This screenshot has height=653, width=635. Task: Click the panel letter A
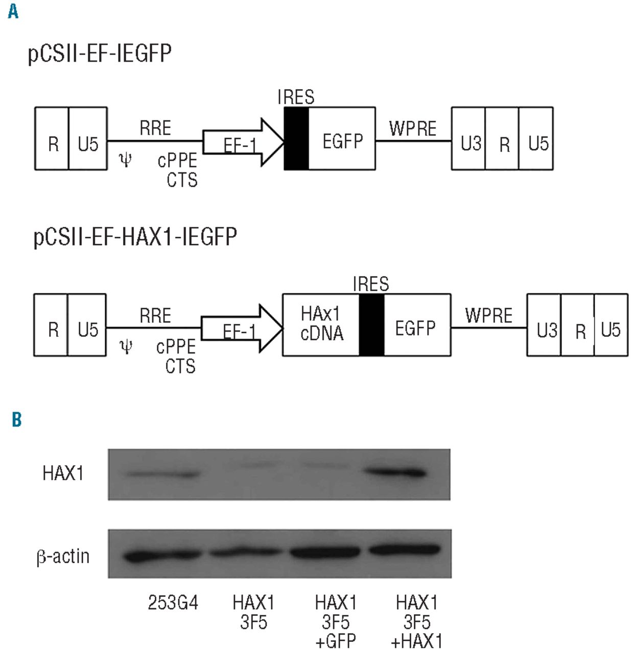pyautogui.click(x=13, y=11)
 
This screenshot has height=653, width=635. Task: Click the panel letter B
pyautogui.click(x=17, y=419)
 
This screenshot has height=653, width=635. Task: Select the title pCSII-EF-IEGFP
pyautogui.click(x=100, y=53)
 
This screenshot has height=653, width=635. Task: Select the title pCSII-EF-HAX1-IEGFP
pyautogui.click(x=135, y=237)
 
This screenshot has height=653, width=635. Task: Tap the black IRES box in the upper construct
pyautogui.click(x=296, y=138)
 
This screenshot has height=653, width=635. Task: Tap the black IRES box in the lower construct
pyautogui.click(x=371, y=325)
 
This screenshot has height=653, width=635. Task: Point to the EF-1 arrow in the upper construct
pyautogui.click(x=243, y=142)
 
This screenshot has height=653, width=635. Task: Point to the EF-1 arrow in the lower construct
pyautogui.click(x=241, y=329)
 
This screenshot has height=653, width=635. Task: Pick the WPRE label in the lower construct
pyautogui.click(x=488, y=316)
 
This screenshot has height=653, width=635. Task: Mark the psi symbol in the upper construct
pyautogui.click(x=125, y=160)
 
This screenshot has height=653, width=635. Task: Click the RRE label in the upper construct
pyautogui.click(x=155, y=128)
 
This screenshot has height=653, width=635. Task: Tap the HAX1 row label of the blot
pyautogui.click(x=63, y=473)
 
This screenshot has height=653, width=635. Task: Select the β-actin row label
pyautogui.click(x=63, y=556)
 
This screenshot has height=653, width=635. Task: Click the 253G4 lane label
pyautogui.click(x=173, y=603)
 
